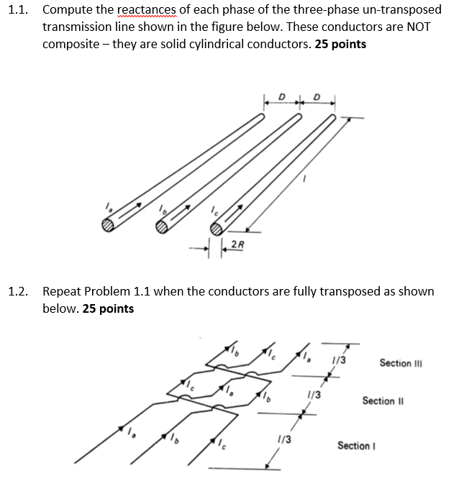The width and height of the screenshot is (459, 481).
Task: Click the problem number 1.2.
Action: pyautogui.click(x=17, y=291)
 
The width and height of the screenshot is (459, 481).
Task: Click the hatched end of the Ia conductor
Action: pyautogui.click(x=108, y=225)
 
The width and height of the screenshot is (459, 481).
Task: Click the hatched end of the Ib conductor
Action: pyautogui.click(x=163, y=228)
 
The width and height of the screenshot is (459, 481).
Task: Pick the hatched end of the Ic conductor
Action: pyautogui.click(x=217, y=229)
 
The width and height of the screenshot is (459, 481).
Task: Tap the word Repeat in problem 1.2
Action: pyautogui.click(x=62, y=291)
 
